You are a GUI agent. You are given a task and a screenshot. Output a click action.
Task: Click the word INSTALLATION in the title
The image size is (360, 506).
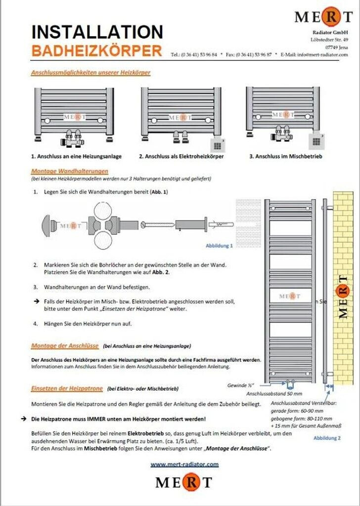click(97, 32)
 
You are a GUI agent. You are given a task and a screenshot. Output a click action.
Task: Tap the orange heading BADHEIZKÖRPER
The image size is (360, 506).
click(96, 50)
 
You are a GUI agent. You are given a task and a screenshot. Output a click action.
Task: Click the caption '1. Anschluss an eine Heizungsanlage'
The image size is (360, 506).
click(77, 156)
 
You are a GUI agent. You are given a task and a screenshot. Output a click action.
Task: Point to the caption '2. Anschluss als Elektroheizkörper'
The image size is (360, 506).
click(181, 156)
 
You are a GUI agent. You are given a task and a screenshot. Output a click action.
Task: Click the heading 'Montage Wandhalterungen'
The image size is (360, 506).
click(70, 171)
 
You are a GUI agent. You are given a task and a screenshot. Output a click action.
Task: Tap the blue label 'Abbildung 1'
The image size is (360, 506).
click(219, 245)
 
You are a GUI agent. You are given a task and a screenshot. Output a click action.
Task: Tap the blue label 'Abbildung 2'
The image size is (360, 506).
click(327, 438)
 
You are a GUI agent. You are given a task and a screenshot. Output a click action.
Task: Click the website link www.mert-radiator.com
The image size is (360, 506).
click(184, 464)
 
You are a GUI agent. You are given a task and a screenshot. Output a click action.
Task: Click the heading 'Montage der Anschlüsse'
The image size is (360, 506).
click(65, 346)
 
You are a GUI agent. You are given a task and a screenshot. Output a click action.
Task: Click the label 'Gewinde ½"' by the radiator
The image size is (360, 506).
click(241, 385)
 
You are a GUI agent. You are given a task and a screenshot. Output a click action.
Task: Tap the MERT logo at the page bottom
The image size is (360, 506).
click(184, 482)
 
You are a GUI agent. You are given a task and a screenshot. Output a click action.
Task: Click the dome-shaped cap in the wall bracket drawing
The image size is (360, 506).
click(51, 225)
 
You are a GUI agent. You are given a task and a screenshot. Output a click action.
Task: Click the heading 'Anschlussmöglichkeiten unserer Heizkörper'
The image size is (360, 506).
click(90, 73)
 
